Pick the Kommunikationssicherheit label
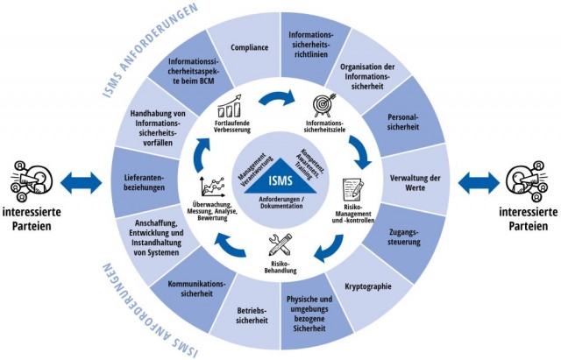[189, 290]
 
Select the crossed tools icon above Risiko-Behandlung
[279, 244]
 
